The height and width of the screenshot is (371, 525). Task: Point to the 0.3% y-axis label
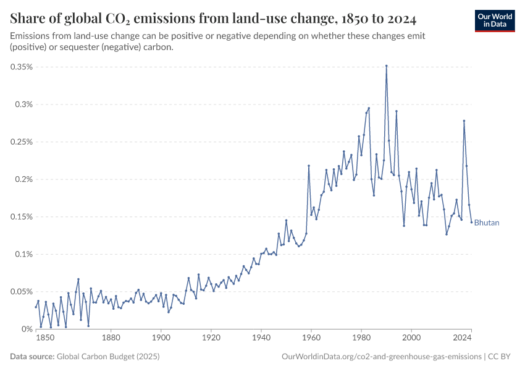pos(23,104)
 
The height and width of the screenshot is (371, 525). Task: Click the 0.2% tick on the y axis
pos(23,179)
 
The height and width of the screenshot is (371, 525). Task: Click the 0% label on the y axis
pos(27,329)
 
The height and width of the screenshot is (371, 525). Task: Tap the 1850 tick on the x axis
pos(44,338)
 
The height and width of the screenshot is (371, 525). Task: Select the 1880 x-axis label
pos(111,338)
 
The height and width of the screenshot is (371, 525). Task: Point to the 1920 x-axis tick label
pos(211,338)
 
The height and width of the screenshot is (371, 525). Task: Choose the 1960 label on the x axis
pos(311,338)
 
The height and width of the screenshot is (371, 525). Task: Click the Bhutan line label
pos(487,223)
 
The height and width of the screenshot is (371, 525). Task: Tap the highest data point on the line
pos(387,66)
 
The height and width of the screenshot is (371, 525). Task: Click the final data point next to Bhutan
pos(471,223)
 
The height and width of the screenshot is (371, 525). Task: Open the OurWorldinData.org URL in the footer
pos(381,357)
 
